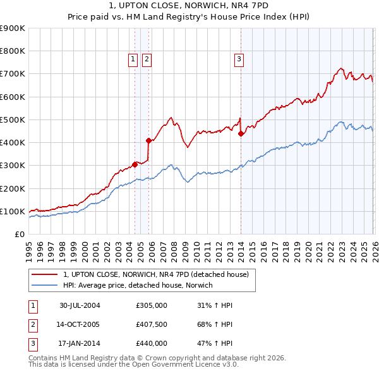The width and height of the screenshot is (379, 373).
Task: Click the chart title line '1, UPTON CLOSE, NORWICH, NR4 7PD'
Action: [189, 6]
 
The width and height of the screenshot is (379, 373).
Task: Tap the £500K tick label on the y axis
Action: [13, 119]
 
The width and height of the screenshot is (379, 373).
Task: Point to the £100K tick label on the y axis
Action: [13, 211]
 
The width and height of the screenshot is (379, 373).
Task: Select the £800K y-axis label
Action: [13, 51]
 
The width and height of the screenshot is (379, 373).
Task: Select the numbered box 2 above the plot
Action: [147, 60]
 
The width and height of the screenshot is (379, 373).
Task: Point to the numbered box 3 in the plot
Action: [240, 60]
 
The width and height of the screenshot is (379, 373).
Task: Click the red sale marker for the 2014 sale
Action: [241, 133]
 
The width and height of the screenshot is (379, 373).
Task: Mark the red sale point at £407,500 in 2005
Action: [148, 140]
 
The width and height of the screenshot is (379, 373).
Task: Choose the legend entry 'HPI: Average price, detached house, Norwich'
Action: [138, 285]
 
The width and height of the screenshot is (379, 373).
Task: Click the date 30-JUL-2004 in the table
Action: [80, 305]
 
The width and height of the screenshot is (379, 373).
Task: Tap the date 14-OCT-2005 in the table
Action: [80, 324]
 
